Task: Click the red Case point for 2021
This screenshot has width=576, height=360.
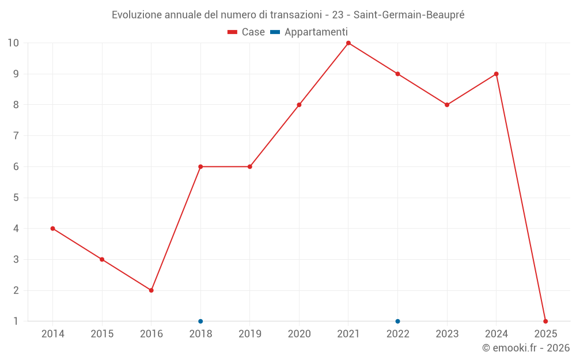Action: pos(348,43)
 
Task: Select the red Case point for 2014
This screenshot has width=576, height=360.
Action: pos(53,229)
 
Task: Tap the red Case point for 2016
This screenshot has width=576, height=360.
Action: pos(151,290)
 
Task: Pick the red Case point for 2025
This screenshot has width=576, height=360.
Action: pos(545,321)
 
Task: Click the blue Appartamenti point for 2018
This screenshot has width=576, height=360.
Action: pos(200,321)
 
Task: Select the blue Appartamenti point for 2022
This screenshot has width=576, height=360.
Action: pos(397,321)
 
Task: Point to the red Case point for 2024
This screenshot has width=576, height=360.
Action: pos(496,74)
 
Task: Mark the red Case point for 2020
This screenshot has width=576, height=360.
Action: pos(299,105)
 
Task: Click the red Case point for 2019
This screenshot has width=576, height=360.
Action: pos(250,166)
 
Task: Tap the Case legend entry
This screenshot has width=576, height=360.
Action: pos(247,32)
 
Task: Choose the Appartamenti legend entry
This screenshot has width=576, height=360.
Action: pos(309,32)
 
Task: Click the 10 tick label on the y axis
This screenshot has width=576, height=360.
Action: pos(13,43)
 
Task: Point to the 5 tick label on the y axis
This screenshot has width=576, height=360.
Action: pos(16,198)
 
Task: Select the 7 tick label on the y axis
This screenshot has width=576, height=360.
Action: pos(16,136)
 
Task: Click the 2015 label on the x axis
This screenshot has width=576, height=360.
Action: pos(102,334)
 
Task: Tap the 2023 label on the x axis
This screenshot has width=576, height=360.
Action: pos(447,334)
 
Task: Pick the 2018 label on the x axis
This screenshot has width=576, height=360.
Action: pos(200,334)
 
